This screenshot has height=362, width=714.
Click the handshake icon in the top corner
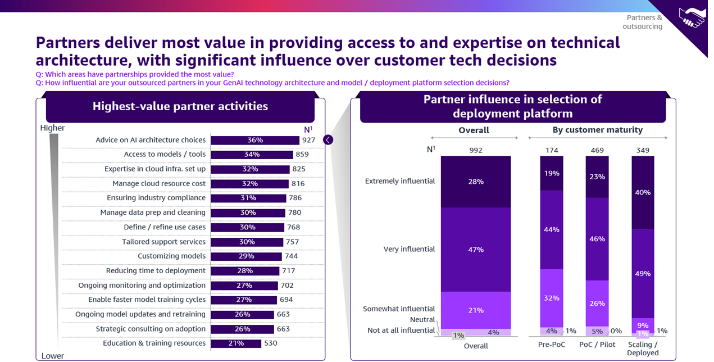click(x=692, y=18)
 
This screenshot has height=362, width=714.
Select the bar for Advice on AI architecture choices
click(x=255, y=140)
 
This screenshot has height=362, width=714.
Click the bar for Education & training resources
click(x=236, y=343)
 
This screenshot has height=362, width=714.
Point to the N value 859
click(x=302, y=155)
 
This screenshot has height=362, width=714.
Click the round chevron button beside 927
click(x=328, y=140)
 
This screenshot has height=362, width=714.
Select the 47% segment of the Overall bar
click(x=476, y=250)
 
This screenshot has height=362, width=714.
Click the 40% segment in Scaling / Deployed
click(x=643, y=192)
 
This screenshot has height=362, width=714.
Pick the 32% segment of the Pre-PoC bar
click(x=552, y=298)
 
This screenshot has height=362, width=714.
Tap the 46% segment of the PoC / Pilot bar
click(x=597, y=239)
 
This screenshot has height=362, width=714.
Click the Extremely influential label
click(x=400, y=182)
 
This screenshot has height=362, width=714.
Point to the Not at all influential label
click(x=401, y=331)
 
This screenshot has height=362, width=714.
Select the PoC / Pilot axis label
click(x=597, y=345)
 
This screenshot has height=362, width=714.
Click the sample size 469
click(x=597, y=151)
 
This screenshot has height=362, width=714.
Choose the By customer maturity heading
click(x=597, y=130)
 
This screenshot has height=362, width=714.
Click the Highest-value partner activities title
click(x=180, y=106)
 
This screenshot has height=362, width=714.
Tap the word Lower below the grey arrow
click(x=52, y=356)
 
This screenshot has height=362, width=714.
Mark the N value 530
click(x=270, y=343)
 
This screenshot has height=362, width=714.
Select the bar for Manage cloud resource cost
click(x=249, y=184)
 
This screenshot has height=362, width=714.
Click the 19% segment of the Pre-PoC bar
click(x=552, y=173)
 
